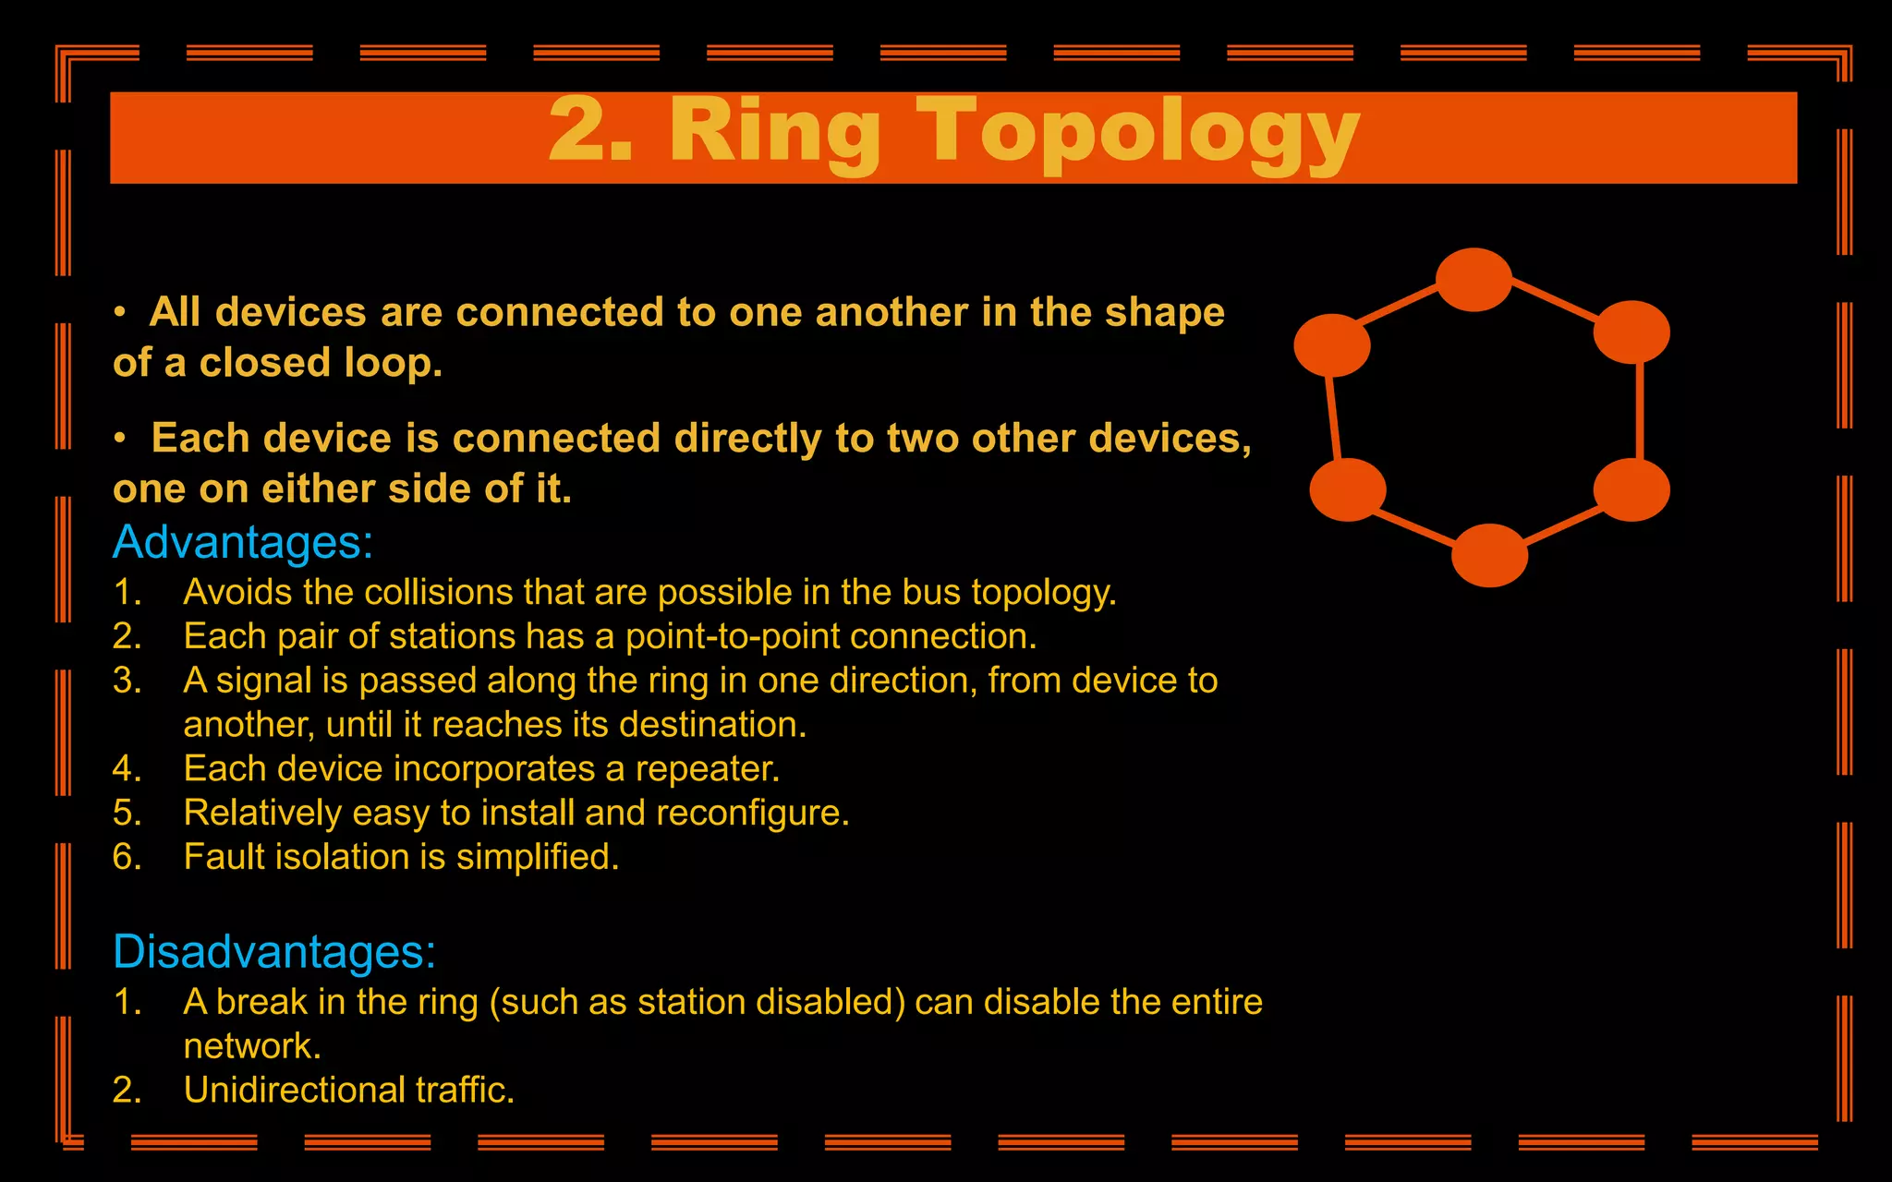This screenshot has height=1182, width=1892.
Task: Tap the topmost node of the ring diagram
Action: (x=1474, y=280)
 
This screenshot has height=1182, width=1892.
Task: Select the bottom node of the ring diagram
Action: (x=1489, y=555)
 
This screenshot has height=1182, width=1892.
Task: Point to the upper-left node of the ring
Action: (x=1331, y=345)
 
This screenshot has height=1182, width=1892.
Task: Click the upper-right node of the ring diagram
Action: (x=1631, y=332)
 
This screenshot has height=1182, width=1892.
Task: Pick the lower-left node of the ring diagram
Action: (x=1348, y=489)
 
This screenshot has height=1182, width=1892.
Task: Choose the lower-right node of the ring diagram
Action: (x=1631, y=489)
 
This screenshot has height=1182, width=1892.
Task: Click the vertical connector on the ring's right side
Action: (x=1639, y=411)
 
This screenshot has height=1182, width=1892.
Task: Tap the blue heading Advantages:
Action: (x=242, y=542)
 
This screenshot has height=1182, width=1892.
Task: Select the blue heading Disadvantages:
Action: (x=273, y=951)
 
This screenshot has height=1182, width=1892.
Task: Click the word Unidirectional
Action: (x=294, y=1091)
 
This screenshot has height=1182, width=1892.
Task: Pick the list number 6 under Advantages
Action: (x=127, y=857)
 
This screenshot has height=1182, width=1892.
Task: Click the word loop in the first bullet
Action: (x=393, y=363)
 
